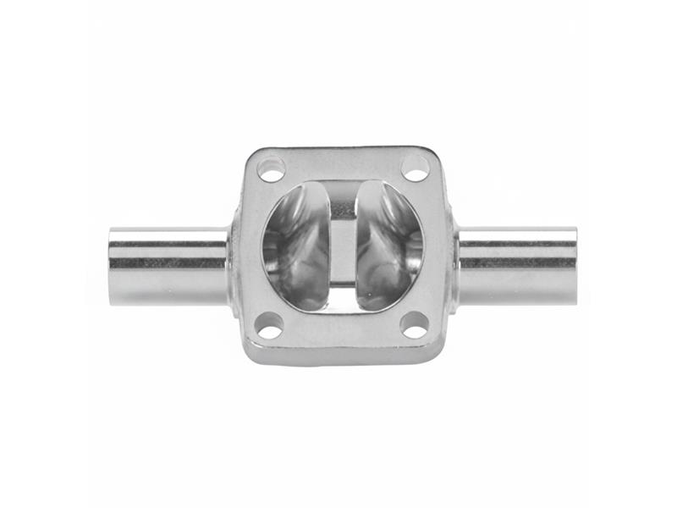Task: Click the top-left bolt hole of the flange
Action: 271,169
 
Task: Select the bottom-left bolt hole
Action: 269,323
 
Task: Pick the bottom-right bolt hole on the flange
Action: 414,324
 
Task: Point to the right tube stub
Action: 517,265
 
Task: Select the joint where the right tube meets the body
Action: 454,264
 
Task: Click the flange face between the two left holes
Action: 253,246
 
